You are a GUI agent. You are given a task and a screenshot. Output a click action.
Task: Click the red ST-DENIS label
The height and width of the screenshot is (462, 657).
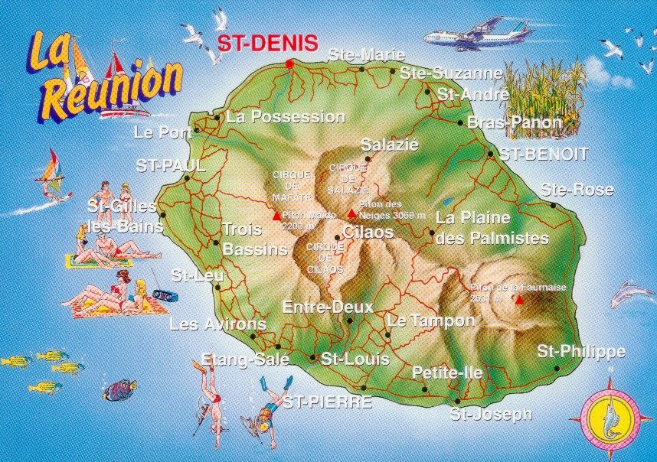point(266,43)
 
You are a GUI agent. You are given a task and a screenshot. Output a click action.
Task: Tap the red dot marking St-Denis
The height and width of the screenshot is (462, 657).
point(289,63)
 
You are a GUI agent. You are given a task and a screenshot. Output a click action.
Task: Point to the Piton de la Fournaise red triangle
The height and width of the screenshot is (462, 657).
point(520,299)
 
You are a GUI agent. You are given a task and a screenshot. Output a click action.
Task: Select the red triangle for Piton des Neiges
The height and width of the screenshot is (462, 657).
point(351,213)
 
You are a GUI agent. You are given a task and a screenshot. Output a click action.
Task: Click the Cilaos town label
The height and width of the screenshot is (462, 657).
point(368,232)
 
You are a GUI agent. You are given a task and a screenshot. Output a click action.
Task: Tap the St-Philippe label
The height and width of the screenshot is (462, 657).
point(580,352)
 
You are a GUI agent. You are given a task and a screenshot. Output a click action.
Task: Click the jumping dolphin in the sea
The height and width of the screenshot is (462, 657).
point(632,292)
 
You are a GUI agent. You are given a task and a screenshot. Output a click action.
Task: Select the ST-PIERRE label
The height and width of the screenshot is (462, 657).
point(328,402)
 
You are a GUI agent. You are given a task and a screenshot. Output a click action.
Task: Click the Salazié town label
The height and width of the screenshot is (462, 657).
point(389,145)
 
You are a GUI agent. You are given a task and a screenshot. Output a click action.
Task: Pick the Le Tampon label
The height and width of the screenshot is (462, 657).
point(431,320)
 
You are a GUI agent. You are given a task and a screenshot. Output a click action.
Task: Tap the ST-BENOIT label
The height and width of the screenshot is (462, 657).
point(544,154)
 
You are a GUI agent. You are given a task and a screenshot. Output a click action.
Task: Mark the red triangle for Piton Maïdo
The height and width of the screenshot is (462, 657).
point(276,216)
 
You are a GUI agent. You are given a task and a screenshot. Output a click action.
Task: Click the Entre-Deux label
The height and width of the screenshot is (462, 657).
point(327,307)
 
